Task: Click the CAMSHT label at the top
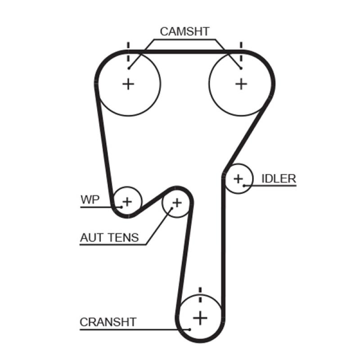[184, 31]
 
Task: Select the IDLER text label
[279, 179]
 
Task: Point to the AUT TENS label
[109, 238]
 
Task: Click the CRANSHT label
[108, 322]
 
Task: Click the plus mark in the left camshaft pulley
[129, 84]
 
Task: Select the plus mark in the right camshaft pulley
[242, 84]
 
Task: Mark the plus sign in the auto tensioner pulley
[177, 202]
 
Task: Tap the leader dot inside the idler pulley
[244, 185]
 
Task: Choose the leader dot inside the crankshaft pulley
[190, 329]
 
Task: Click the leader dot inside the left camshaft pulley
[129, 68]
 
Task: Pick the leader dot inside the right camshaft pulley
[242, 68]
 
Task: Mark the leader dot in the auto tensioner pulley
[171, 209]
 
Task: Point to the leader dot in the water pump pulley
[121, 207]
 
